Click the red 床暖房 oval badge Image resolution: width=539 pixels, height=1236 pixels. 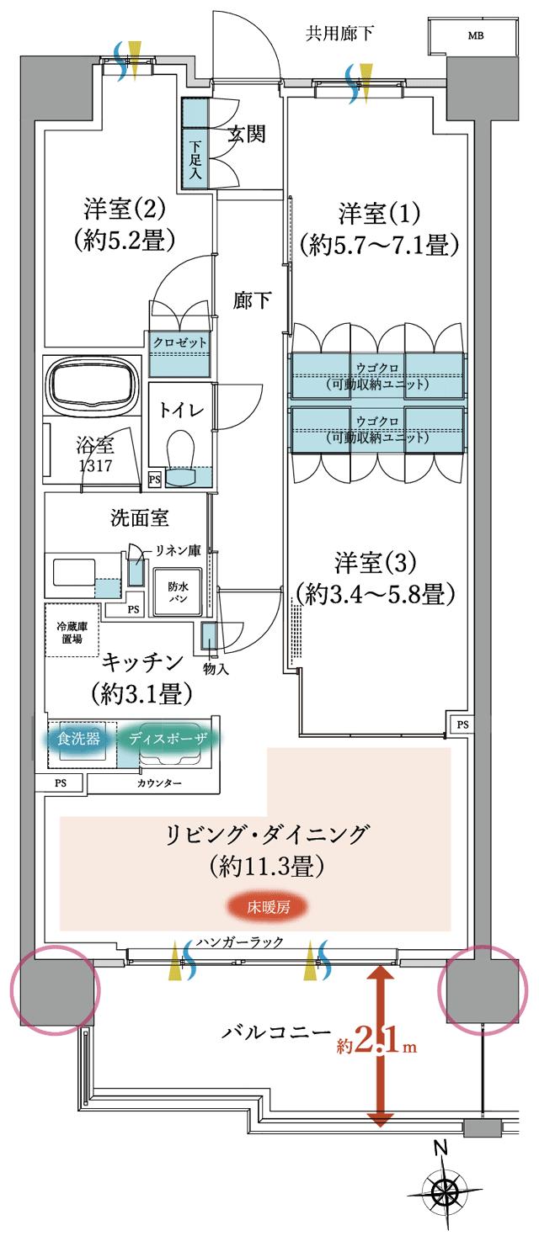265,908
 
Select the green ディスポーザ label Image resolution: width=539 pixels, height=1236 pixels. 168,739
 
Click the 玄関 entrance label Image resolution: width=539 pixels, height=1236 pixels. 248,133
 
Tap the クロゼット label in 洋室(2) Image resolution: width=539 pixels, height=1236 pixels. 179,343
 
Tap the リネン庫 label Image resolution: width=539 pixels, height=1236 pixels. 177,551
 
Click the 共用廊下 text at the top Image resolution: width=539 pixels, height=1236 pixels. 339,34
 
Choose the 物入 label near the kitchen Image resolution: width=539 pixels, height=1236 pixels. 216,669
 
